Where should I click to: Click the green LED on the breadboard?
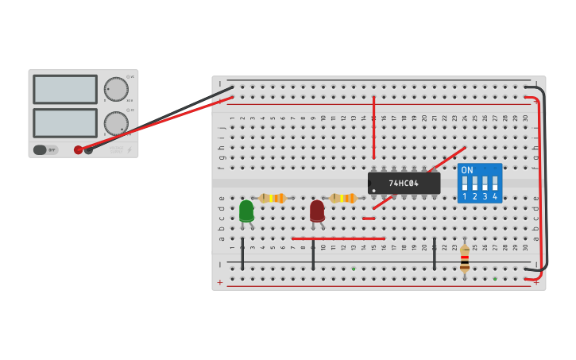coord(246,211)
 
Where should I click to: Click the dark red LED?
coord(317,211)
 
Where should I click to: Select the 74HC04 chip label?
coord(404,184)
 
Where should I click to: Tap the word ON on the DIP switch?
coord(467,171)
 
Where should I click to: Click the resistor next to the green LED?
coord(273,198)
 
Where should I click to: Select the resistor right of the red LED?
coord(343,198)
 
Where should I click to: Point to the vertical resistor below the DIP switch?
coord(465,258)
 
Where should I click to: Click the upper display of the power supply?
coord(65,89)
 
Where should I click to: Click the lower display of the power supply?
coord(65,123)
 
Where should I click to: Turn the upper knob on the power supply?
coord(116,89)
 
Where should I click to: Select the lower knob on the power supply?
coord(116,123)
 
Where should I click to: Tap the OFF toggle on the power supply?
coord(45,149)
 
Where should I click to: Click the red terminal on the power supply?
coord(78,149)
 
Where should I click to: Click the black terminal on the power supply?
coord(89,149)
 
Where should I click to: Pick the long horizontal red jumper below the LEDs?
coord(338,238)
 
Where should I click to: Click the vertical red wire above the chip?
coord(373,127)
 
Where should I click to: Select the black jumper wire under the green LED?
coord(242,253)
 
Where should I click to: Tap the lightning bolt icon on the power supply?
coord(130,149)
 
